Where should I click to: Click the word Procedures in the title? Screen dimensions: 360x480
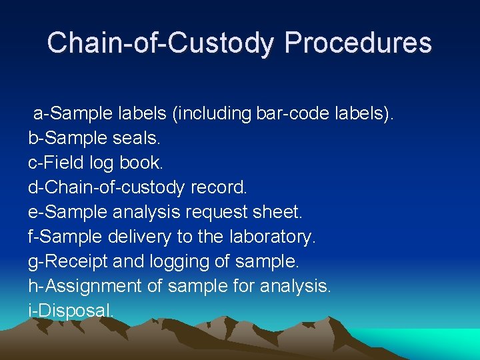358,43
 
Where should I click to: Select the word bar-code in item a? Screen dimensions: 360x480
289,113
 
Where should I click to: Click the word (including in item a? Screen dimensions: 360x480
211,113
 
